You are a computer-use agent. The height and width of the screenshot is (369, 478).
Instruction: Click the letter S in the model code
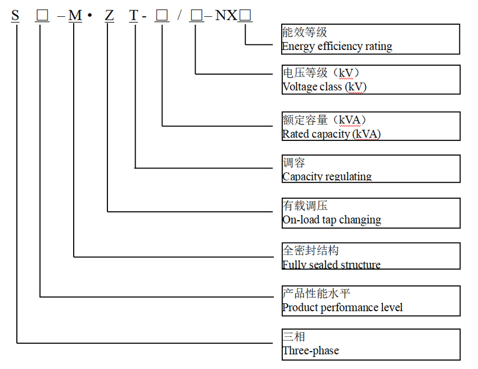(x=15, y=16)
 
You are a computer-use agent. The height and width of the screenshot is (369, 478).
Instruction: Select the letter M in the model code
(x=75, y=16)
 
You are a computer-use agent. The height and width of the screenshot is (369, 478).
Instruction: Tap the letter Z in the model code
(x=109, y=16)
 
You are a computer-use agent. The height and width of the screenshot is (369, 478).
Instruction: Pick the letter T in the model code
(x=133, y=16)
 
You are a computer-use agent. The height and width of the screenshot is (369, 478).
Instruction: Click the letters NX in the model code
(x=227, y=16)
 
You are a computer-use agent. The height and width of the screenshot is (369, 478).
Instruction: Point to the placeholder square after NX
(x=245, y=16)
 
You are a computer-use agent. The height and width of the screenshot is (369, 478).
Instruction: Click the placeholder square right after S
(x=42, y=16)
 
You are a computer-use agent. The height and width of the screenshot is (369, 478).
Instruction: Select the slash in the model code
(x=179, y=16)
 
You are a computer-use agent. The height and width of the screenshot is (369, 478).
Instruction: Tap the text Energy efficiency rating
(x=337, y=47)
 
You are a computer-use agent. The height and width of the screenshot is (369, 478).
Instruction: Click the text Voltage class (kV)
(x=324, y=87)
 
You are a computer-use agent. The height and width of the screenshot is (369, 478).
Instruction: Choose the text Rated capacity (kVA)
(x=331, y=134)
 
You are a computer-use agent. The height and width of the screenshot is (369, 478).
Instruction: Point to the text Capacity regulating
(x=327, y=176)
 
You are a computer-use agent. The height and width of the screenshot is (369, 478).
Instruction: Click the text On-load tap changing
(x=331, y=220)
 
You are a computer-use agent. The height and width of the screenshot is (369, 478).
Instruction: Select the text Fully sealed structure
(x=331, y=265)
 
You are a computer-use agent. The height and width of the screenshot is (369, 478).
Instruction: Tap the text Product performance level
(x=342, y=307)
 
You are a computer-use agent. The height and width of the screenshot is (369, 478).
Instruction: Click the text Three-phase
(x=310, y=351)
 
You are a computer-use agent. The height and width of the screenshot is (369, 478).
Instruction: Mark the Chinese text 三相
(x=294, y=337)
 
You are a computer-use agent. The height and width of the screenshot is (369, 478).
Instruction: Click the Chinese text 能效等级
(x=304, y=33)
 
